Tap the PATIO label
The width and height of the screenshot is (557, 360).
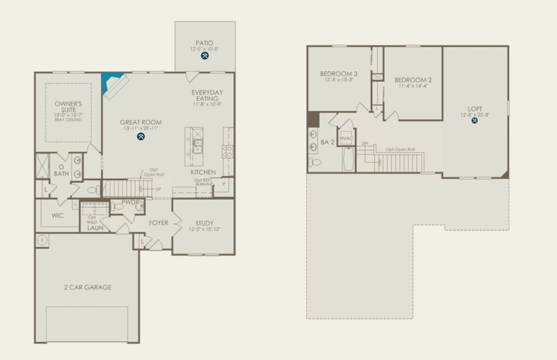point(205,43)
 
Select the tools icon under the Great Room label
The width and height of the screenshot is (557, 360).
point(141,136)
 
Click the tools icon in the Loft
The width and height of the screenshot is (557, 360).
point(475,120)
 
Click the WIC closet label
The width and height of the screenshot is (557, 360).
point(58,215)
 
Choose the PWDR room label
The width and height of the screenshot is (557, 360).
point(130,203)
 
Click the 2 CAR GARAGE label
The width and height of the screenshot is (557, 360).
point(88,287)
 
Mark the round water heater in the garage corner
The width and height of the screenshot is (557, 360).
point(43,241)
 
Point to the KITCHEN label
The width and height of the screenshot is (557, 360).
point(203,172)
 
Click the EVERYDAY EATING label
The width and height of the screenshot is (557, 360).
point(207,95)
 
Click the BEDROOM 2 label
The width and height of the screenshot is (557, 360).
point(413,80)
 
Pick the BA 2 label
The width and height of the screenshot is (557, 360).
point(327,142)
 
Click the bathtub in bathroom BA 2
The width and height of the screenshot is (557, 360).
point(348,159)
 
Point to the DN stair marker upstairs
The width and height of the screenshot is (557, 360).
point(365,144)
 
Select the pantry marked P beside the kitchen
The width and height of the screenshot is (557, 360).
point(224,185)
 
